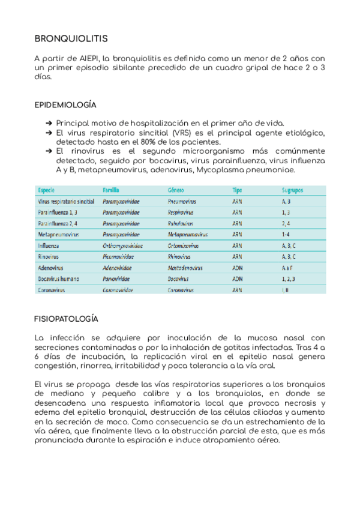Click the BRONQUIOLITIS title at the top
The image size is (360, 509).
pos(71,39)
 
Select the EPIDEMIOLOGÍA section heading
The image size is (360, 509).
pos(65,105)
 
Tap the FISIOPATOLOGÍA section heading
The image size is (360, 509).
pos(67,319)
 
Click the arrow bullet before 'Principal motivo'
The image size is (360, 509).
pos(49,122)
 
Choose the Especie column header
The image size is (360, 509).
pos(47,190)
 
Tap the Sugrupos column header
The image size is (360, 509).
pos(293,190)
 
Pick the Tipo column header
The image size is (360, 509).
pos(238,190)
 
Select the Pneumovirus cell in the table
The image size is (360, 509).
pos(184,202)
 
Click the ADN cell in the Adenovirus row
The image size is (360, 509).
pos(238,268)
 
